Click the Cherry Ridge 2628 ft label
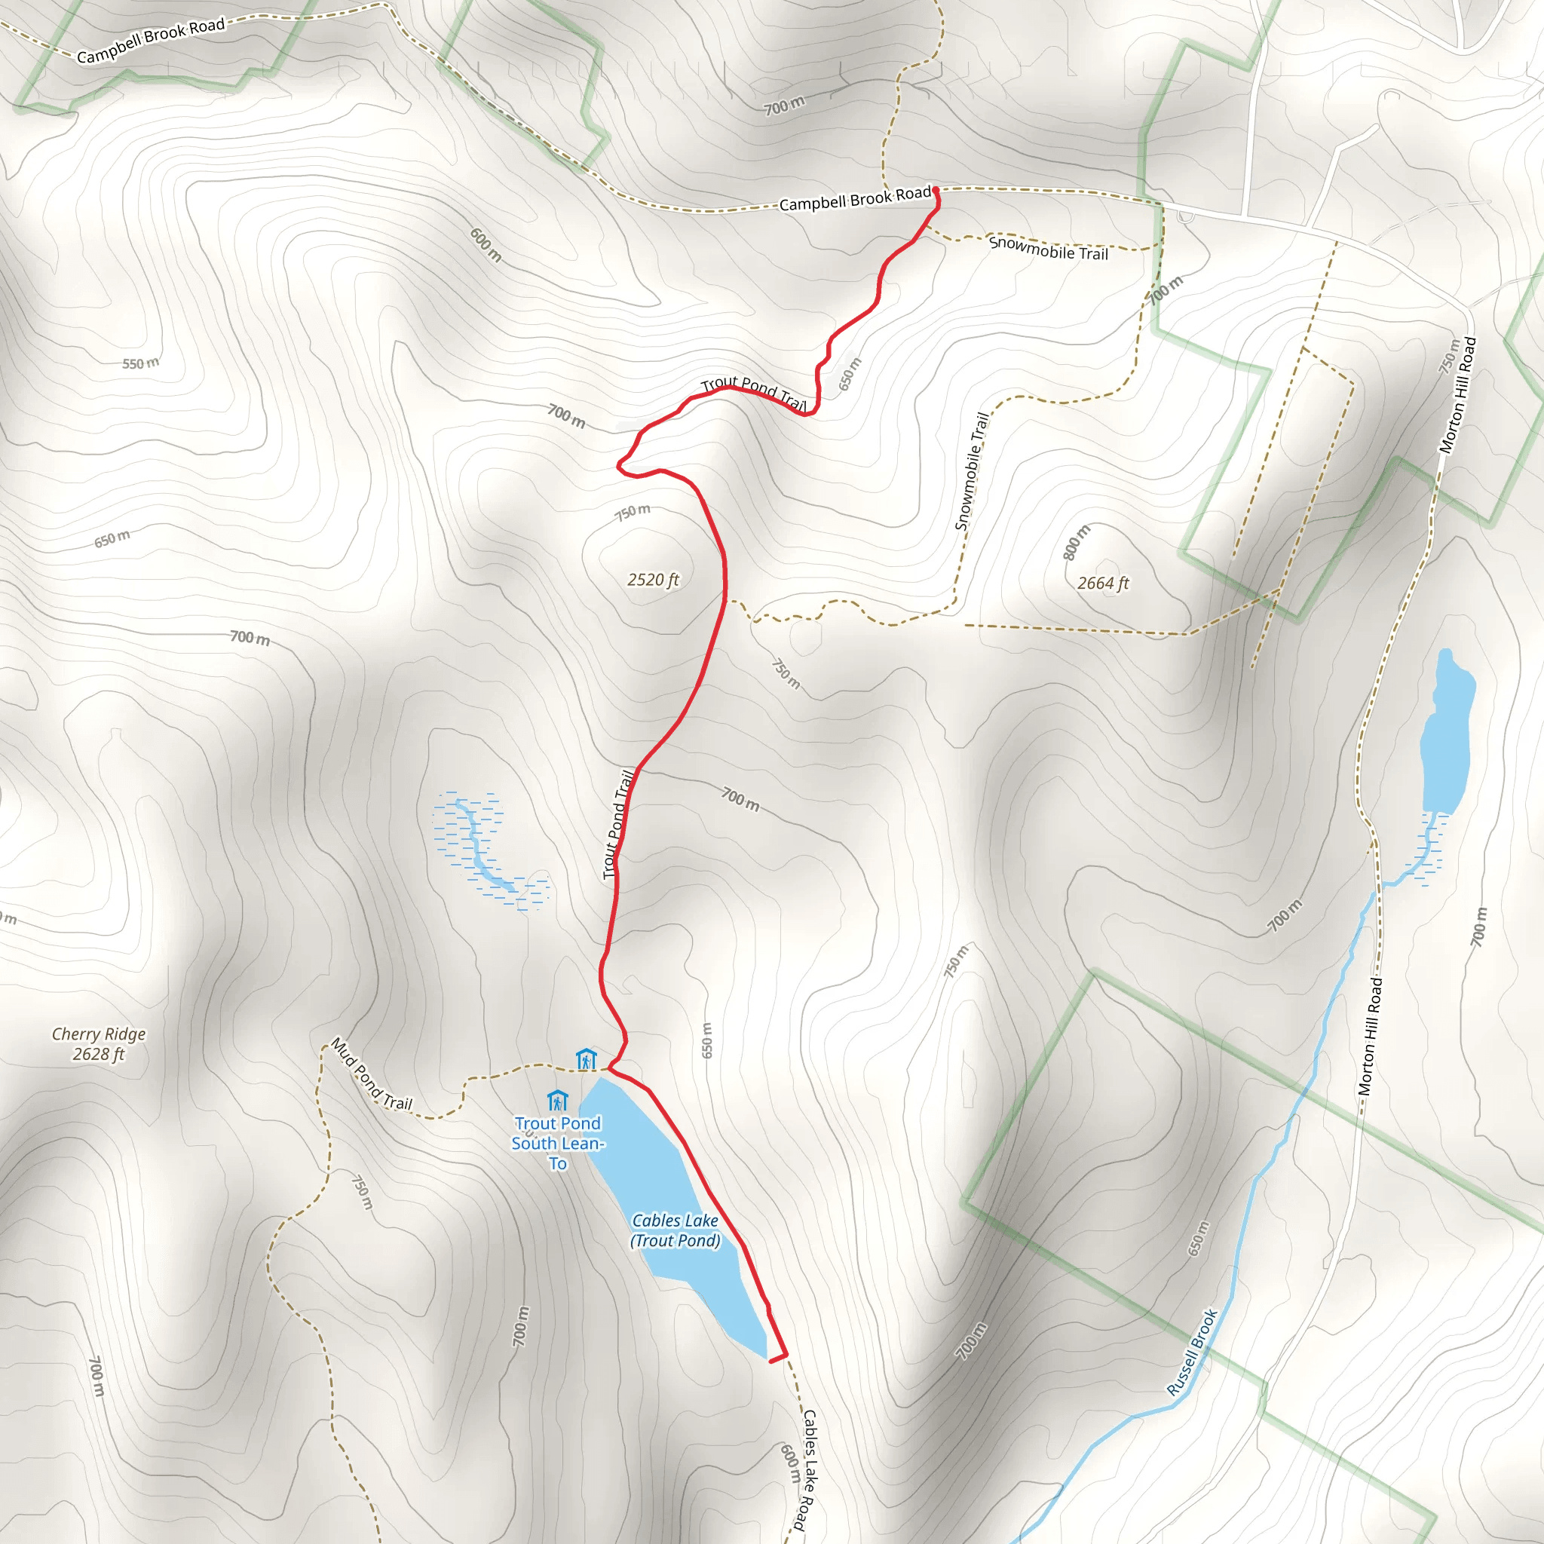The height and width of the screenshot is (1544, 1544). click(x=98, y=1043)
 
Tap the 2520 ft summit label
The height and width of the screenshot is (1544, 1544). click(x=653, y=580)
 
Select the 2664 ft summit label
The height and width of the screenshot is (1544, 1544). click(x=1103, y=583)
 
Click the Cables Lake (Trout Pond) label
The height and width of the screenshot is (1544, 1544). click(x=675, y=1230)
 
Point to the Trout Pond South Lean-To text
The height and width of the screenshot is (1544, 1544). click(x=558, y=1144)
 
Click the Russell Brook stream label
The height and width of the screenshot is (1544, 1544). click(x=1192, y=1353)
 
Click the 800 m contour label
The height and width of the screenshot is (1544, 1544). click(x=1077, y=543)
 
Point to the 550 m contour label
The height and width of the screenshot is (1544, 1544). click(x=141, y=363)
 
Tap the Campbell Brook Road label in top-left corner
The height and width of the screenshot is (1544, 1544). click(x=151, y=41)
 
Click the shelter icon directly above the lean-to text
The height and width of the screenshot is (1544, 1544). click(x=557, y=1101)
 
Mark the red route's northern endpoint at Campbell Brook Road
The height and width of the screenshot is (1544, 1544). click(x=935, y=190)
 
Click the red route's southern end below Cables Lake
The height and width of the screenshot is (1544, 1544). click(x=771, y=1360)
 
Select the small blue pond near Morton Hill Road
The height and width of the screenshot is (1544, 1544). click(x=1447, y=735)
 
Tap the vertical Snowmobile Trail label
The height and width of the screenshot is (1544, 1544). click(x=972, y=470)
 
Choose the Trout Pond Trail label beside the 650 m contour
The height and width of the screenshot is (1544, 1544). click(x=754, y=394)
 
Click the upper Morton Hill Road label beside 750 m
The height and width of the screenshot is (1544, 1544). click(x=1458, y=396)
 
